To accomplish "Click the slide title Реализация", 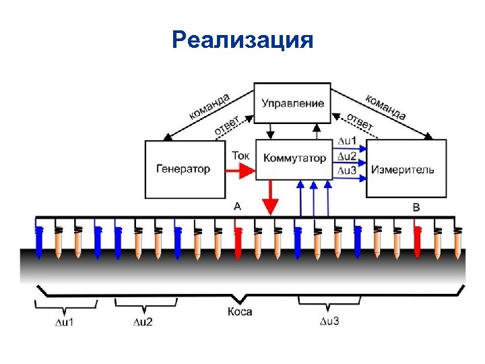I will [243, 40].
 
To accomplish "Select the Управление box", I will [292, 103].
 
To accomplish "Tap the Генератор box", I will [183, 169].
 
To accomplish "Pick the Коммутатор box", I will [294, 159].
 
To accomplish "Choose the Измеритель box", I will [406, 169].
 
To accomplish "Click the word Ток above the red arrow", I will [240, 155].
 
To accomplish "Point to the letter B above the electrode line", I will [416, 207].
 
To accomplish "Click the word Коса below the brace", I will [240, 312].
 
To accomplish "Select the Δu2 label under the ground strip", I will [142, 322].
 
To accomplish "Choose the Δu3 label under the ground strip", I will [329, 320].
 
